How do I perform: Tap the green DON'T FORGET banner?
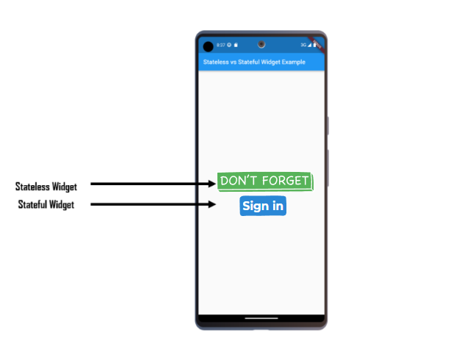pyautogui.click(x=264, y=181)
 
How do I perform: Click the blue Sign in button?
pyautogui.click(x=262, y=206)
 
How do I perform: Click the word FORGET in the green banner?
pyautogui.click(x=283, y=181)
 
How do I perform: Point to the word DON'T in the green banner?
pyautogui.click(x=238, y=181)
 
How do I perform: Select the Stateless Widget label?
pyautogui.click(x=46, y=187)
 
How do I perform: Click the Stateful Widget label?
pyautogui.click(x=46, y=205)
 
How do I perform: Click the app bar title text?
pyautogui.click(x=253, y=62)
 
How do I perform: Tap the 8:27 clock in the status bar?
pyautogui.click(x=220, y=46)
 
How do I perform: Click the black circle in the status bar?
pyautogui.click(x=208, y=46)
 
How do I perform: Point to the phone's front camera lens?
pyautogui.click(x=261, y=44)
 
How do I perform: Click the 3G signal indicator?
pyautogui.click(x=303, y=46)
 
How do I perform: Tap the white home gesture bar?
pyautogui.click(x=261, y=319)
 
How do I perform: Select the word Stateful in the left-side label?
pyautogui.click(x=32, y=205)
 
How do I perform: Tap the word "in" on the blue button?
pyautogui.click(x=277, y=206)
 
